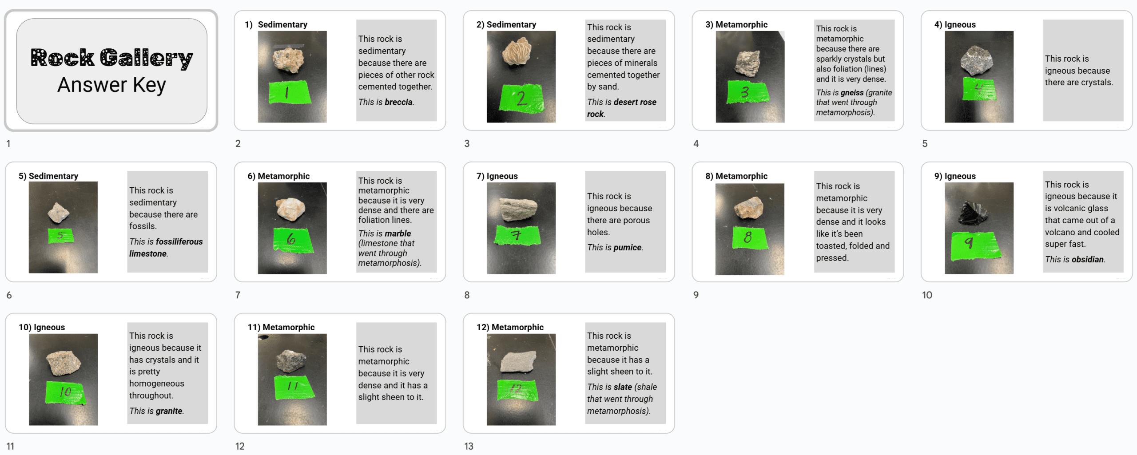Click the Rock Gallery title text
(x=111, y=58)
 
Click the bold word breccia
(x=398, y=102)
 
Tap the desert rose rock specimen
(x=517, y=51)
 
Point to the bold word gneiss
(x=851, y=92)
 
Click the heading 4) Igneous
(x=955, y=24)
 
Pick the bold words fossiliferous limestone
(x=166, y=247)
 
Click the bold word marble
(x=398, y=233)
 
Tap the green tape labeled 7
(x=517, y=235)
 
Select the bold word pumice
(x=628, y=248)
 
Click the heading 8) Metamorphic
(x=736, y=176)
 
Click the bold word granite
(x=169, y=411)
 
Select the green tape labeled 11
(x=294, y=387)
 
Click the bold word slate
(x=623, y=387)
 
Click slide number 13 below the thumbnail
(x=469, y=446)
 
